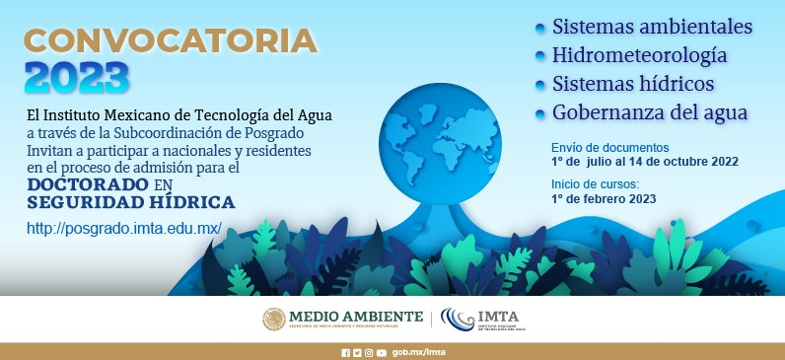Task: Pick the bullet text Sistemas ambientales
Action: pos(652,26)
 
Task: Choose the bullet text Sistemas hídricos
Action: pos(633,83)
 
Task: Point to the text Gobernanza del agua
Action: pos(650,111)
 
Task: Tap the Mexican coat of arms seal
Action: pos(273,319)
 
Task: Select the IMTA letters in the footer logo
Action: pos(501,317)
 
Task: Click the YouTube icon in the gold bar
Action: pos(381,352)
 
